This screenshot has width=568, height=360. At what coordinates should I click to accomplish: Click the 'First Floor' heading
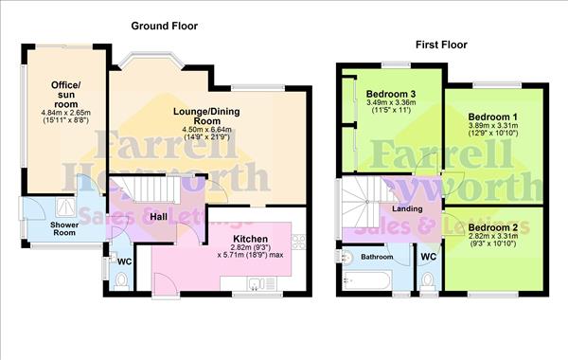[x=442, y=44]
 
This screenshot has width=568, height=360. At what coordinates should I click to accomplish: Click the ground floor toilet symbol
[x=121, y=280]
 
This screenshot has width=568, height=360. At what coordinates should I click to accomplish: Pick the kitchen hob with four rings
[x=298, y=241]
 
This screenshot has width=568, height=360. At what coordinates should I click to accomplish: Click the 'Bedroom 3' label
[x=390, y=94]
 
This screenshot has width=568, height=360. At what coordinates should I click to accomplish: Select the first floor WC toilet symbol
[x=428, y=279]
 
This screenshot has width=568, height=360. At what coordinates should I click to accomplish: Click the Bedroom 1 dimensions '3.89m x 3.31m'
[x=492, y=130]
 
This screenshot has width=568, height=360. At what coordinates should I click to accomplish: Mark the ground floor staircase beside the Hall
[x=149, y=193]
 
